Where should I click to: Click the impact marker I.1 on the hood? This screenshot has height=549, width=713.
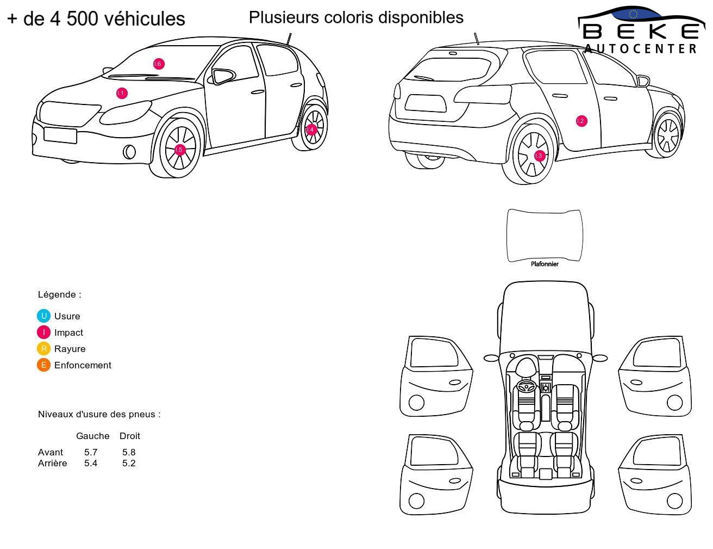[x=122, y=93]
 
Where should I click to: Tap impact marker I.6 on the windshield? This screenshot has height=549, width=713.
[x=159, y=64]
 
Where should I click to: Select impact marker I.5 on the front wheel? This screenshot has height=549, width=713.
[x=179, y=150]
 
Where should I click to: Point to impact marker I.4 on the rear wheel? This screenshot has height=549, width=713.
[x=311, y=129]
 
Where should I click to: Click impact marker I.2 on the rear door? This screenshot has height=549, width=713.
[x=581, y=121]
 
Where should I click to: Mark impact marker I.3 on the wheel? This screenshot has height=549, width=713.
[x=539, y=156]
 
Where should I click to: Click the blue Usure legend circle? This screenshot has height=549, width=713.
[x=43, y=316]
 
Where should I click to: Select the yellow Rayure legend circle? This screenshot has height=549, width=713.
[x=43, y=348]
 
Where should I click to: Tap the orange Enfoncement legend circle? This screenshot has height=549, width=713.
[x=43, y=365]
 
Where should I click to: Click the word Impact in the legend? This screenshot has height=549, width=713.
[x=68, y=332]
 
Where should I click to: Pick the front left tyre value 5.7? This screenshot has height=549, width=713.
[x=91, y=452]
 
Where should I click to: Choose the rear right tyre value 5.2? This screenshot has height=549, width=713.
[x=129, y=463]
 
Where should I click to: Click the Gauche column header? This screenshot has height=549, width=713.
[x=92, y=436]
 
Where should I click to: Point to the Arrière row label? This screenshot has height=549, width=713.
[x=53, y=463]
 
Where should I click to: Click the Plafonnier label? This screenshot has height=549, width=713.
[x=545, y=264]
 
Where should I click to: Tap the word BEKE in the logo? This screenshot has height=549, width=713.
[x=641, y=32]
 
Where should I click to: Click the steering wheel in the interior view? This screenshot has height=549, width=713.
[x=527, y=386]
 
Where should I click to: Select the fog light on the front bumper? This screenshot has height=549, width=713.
[x=129, y=152]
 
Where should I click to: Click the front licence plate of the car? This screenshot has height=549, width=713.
[x=60, y=135]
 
